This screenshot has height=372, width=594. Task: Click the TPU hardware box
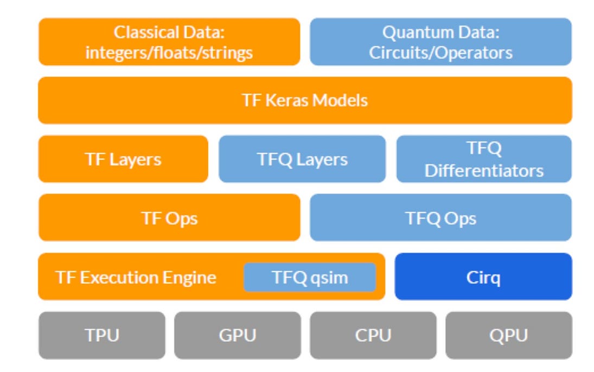pos(101,335)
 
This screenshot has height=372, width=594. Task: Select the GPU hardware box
pos(237,335)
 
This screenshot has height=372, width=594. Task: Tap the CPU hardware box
pos(373,335)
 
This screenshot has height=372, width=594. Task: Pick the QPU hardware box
pos(508,335)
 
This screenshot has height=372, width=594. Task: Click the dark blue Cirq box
pos(483,277)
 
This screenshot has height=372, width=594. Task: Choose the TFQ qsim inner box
pos(310,278)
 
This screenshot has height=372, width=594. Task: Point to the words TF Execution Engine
pos(136,278)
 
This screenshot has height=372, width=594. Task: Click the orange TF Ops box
pos(169,218)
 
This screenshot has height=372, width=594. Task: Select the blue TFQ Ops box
pos(440,218)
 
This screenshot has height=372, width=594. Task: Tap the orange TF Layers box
pos(123,159)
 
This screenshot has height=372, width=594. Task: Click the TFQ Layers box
pos(302,159)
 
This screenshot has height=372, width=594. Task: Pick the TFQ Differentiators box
pos(484,159)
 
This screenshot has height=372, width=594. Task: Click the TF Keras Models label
pos(305,100)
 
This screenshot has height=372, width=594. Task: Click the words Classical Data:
pos(169,32)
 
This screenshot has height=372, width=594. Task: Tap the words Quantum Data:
pos(440,32)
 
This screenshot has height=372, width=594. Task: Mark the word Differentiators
pos(484,171)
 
